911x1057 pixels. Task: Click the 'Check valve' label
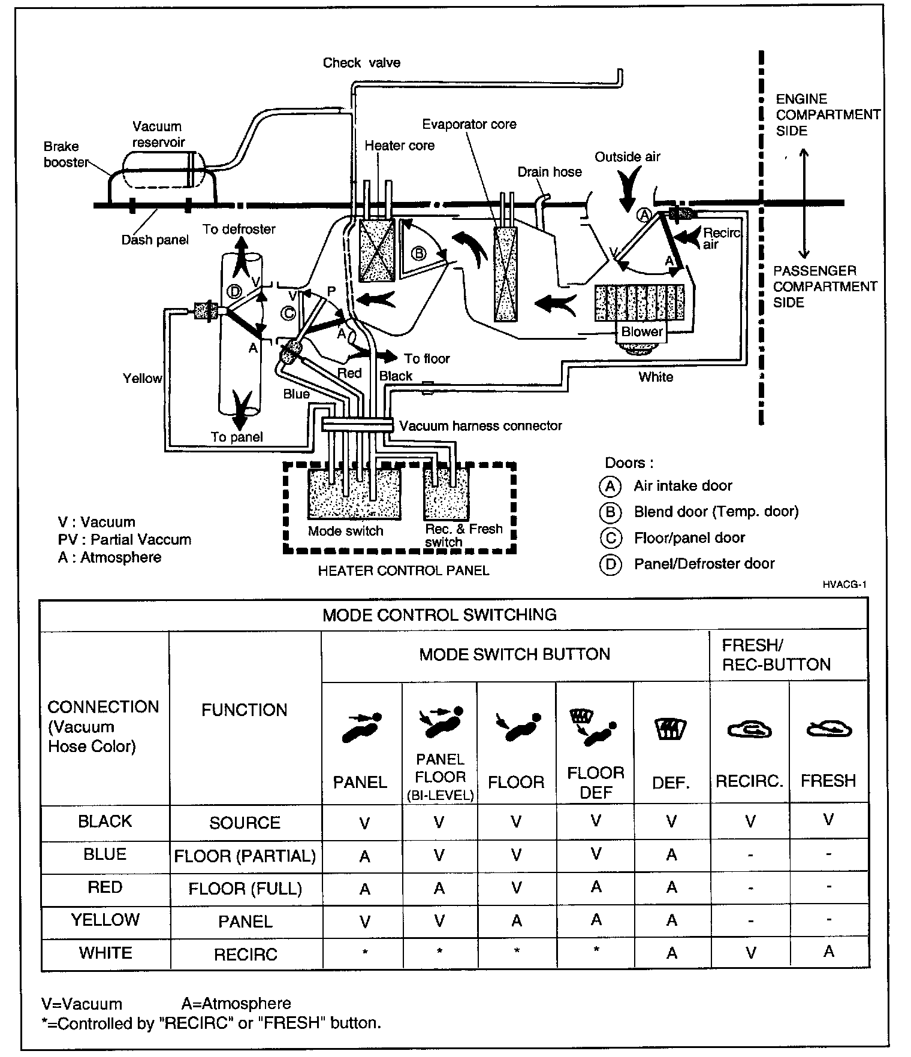point(361,63)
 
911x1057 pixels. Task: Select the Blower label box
point(642,332)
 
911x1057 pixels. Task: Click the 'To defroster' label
point(239,229)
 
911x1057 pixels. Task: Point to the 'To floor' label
point(427,359)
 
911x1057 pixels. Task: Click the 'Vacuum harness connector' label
point(481,426)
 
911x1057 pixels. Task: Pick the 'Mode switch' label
point(345,531)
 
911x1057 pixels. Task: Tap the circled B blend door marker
point(418,253)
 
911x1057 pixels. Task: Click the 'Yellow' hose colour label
point(143,378)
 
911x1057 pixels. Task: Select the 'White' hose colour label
point(656,377)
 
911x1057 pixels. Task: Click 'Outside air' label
point(627,157)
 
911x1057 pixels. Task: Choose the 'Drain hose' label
point(550,172)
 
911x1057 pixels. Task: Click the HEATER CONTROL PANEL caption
point(403,570)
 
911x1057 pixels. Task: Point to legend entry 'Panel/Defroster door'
point(704,564)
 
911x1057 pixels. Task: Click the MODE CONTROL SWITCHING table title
point(439,615)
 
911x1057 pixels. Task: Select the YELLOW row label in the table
point(105,920)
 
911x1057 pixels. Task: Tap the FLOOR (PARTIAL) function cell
point(245,856)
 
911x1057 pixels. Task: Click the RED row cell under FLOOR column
point(516,888)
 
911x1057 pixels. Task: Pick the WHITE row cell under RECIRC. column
point(750,953)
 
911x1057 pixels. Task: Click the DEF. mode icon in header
point(671,729)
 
